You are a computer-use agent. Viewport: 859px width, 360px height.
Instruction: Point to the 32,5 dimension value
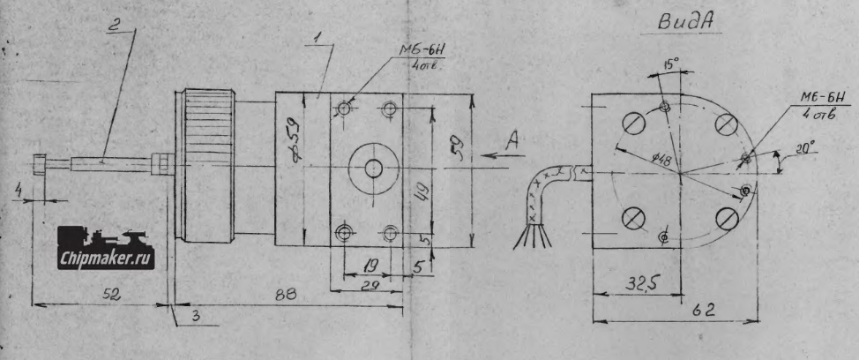(621, 284)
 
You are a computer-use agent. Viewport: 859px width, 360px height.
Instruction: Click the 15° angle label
(673, 64)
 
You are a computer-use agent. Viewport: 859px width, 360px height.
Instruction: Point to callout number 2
(113, 24)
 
